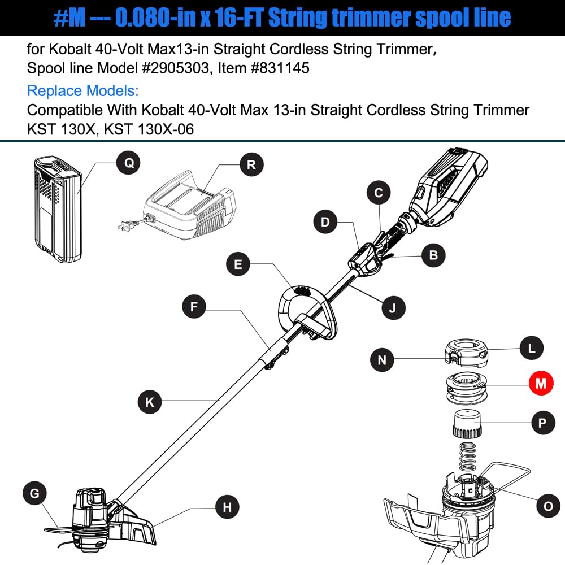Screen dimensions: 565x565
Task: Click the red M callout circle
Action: pyautogui.click(x=541, y=384)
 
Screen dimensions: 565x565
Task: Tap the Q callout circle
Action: pyautogui.click(x=129, y=163)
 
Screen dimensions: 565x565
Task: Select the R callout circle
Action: pyautogui.click(x=251, y=164)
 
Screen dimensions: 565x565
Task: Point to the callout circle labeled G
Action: pyautogui.click(x=35, y=494)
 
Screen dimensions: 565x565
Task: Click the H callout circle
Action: pyautogui.click(x=227, y=507)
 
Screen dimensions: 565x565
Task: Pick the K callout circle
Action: pyautogui.click(x=150, y=402)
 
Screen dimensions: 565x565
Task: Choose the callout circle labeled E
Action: pyautogui.click(x=238, y=265)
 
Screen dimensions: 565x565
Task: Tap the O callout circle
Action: pyautogui.click(x=547, y=506)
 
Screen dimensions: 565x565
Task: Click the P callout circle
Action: pyautogui.click(x=543, y=421)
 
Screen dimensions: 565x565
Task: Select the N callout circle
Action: pyautogui.click(x=383, y=360)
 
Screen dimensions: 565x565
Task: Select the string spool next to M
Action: pyautogui.click(x=467, y=388)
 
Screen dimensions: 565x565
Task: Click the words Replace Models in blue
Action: pyautogui.click(x=82, y=90)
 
